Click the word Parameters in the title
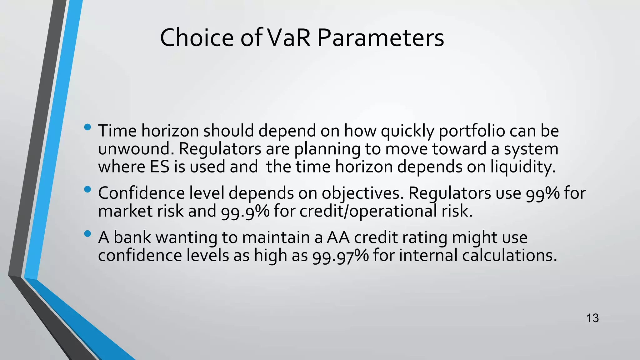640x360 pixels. pos(380,38)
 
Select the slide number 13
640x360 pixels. pos(592,318)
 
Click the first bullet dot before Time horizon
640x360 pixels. pos(87,127)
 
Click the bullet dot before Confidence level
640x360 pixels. pos(87,189)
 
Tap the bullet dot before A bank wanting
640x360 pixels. pos(87,234)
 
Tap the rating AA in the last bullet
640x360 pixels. pos(338,237)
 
